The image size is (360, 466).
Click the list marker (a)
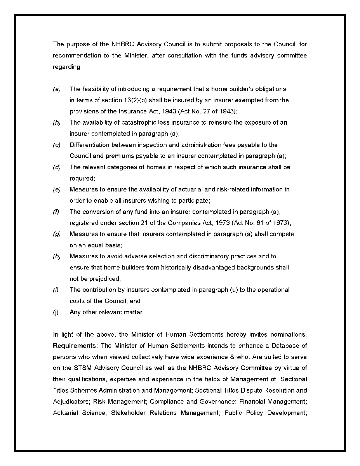pyautogui.click(x=57, y=89)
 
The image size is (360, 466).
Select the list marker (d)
pyautogui.click(x=57, y=167)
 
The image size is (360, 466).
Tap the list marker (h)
pyautogui.click(x=57, y=257)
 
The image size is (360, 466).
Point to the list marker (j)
pyautogui.click(x=56, y=312)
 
